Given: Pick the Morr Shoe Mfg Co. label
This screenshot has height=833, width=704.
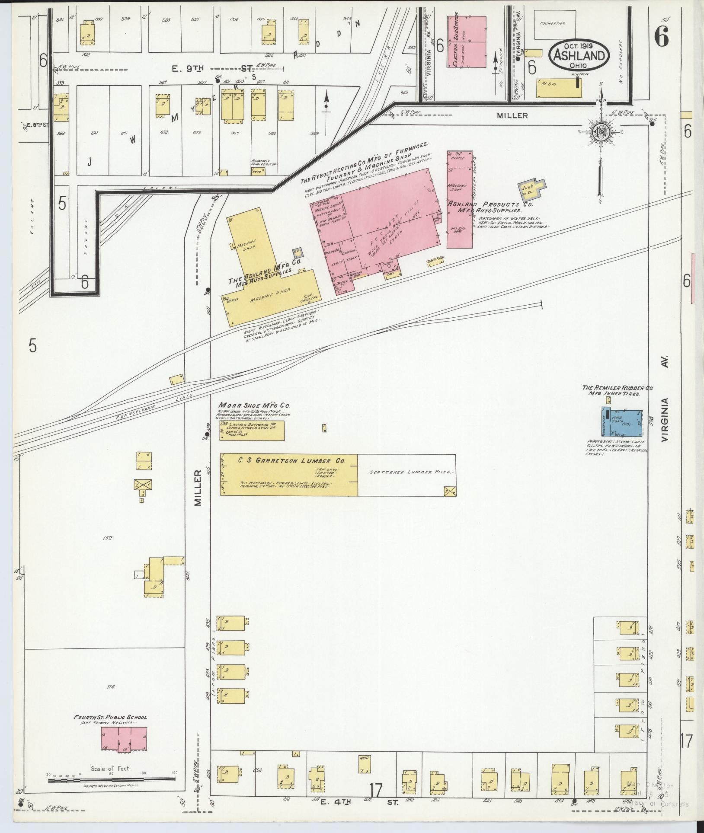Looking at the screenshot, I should [x=254, y=405].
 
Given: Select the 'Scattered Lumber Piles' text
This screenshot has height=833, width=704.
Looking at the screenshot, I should [x=406, y=472].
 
